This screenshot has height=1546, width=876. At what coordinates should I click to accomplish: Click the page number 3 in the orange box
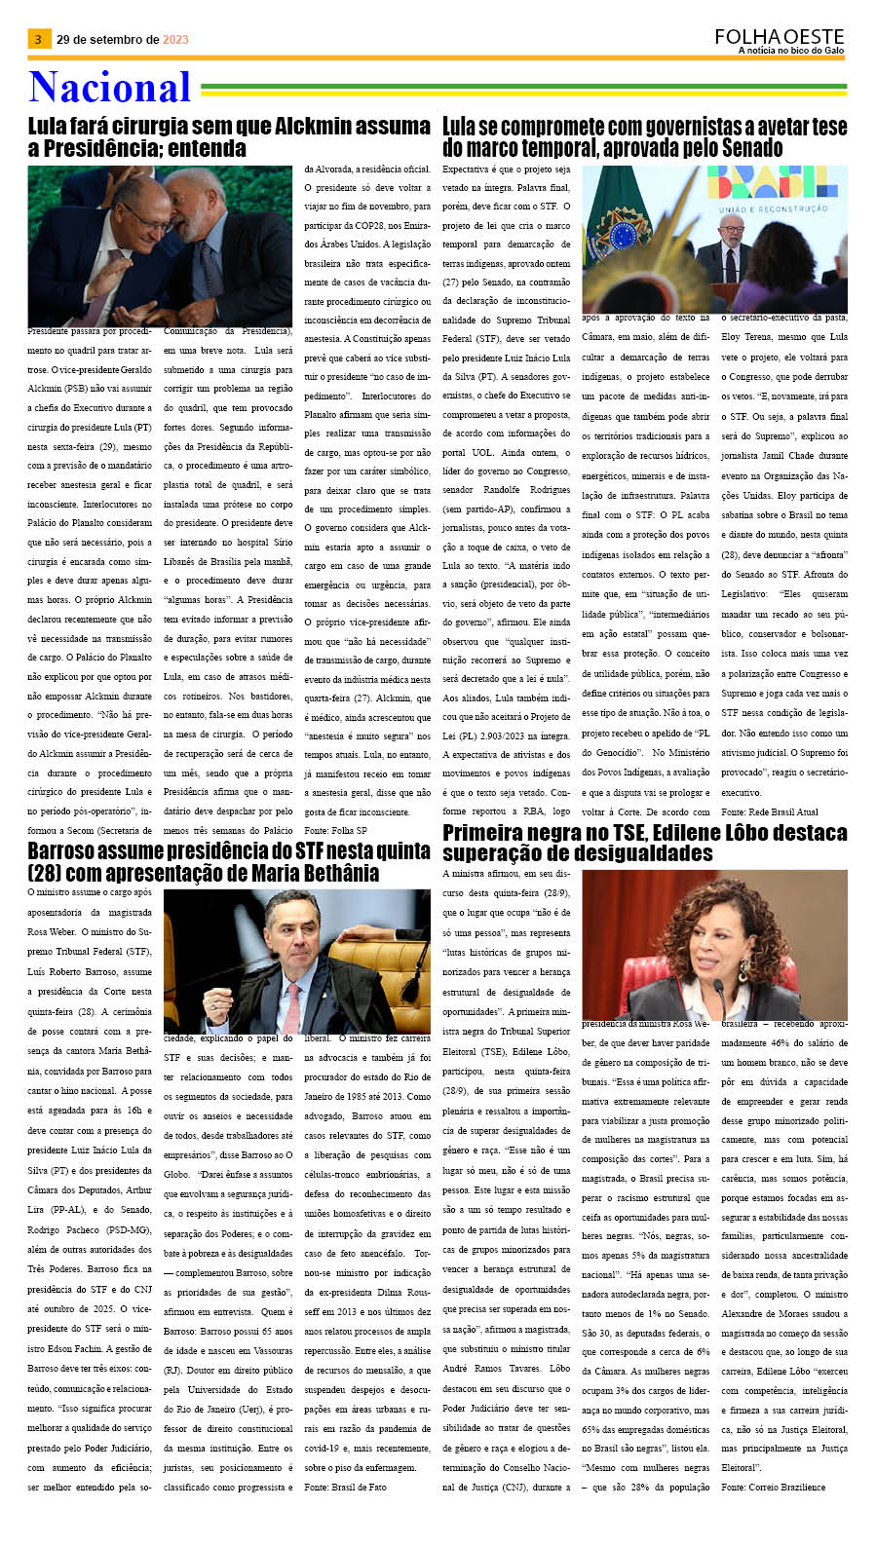[38, 39]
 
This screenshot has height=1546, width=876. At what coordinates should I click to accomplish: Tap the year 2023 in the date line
[175, 40]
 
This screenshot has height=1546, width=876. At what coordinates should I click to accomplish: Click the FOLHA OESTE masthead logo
[779, 36]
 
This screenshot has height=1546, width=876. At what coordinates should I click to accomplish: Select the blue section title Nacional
[109, 88]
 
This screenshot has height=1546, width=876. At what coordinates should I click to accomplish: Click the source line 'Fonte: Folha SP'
[335, 830]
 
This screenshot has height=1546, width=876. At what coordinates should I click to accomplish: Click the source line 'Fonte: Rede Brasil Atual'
[770, 811]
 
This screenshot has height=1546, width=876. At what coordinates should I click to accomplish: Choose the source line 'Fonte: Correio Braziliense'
[773, 1487]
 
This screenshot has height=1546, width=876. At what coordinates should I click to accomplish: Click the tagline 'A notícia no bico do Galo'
[790, 51]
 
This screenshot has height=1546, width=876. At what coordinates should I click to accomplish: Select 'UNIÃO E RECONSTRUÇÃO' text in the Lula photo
[773, 208]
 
